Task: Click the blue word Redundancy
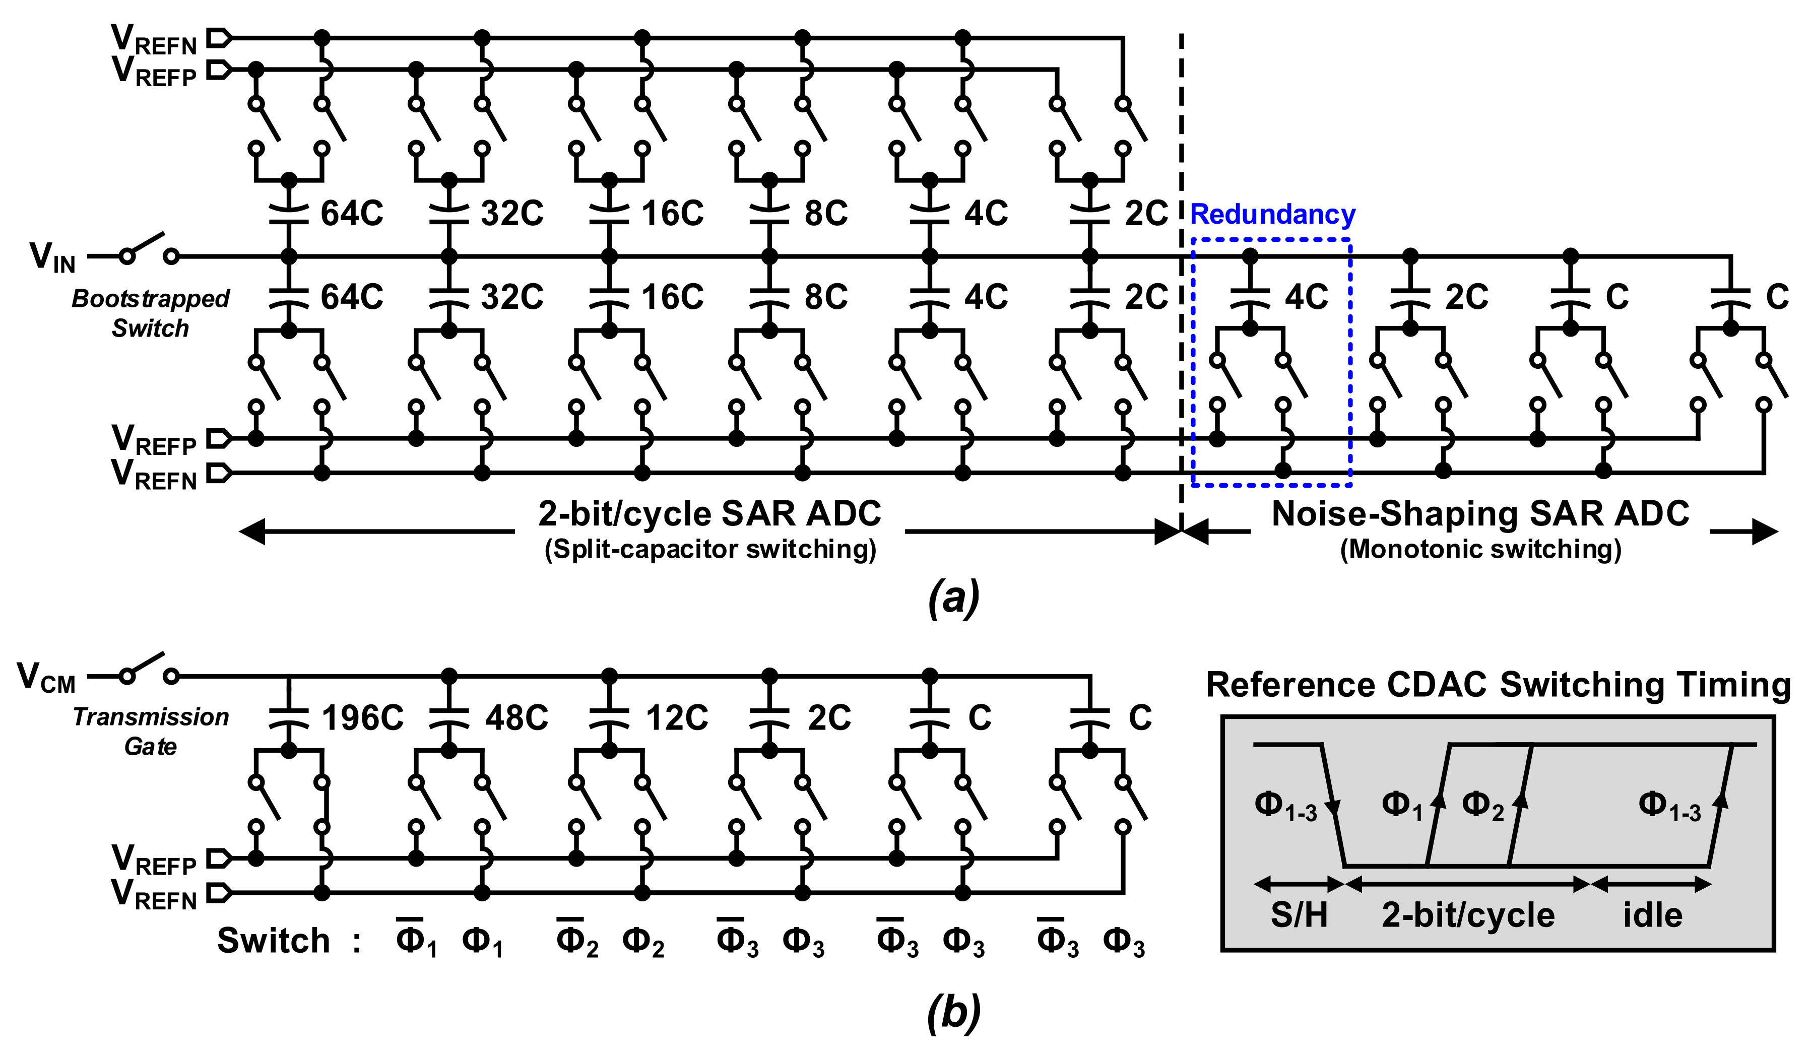(1272, 214)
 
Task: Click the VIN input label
(52, 256)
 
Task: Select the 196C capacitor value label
(362, 718)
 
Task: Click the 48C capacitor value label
(516, 718)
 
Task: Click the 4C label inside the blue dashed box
(1306, 297)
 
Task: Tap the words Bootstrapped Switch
(150, 313)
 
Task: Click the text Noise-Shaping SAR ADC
(1480, 514)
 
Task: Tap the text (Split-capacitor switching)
(709, 549)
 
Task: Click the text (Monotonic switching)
(1480, 549)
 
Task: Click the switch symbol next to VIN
(149, 248)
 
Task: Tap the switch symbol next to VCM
(149, 669)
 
